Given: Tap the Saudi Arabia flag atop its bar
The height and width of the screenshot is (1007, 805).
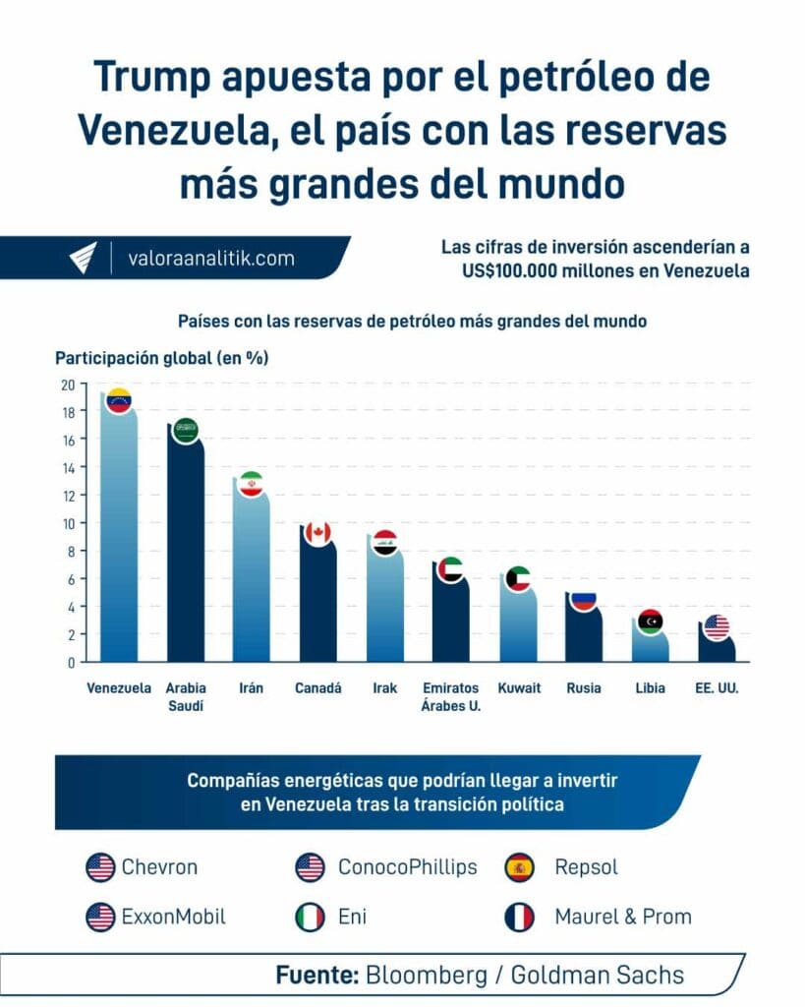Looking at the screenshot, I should [185, 430].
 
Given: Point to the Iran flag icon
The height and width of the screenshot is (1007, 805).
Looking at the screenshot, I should [251, 485].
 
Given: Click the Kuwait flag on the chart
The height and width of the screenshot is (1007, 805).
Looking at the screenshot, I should [517, 579].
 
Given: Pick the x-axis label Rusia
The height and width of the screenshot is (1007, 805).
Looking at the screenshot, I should [584, 688].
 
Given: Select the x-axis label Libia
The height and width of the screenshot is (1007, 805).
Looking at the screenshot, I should [650, 688].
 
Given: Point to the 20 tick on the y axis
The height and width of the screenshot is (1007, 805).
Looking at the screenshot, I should [67, 385].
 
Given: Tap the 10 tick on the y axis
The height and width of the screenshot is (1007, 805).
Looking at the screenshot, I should [67, 523].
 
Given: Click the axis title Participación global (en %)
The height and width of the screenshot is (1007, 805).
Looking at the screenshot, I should [161, 358].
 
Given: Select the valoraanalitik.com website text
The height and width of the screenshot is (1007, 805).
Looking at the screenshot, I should [210, 259].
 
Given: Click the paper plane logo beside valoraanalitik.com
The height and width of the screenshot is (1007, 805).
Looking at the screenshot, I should [84, 258].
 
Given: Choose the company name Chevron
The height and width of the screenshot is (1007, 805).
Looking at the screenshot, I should [159, 867].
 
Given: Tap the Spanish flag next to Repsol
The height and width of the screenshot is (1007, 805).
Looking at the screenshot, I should [519, 867].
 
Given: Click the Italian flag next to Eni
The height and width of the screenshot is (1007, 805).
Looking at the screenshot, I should [310, 918].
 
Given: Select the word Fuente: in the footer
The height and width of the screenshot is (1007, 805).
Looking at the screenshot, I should [316, 976].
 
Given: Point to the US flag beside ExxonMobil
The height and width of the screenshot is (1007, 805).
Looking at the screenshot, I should [100, 918].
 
